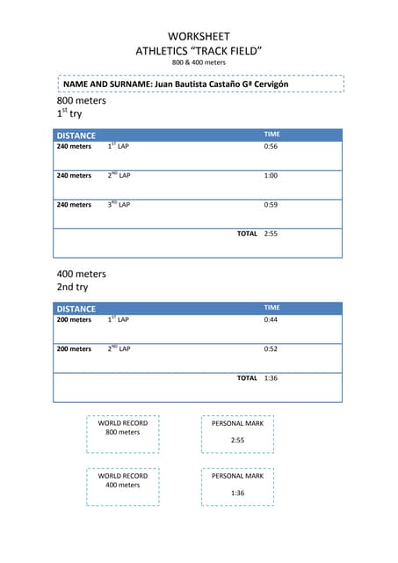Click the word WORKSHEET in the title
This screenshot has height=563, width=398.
pos(199,36)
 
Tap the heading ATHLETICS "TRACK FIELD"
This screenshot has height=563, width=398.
pos(199,51)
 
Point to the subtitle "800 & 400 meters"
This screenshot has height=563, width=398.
pos(199,63)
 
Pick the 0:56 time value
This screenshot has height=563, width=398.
pos(271,147)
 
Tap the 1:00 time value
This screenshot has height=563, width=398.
pos(271,176)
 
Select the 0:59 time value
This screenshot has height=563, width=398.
pos(271,205)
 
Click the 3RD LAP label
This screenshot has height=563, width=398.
pos(119,205)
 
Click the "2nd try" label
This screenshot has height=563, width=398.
pos(72,288)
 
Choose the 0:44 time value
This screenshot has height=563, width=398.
pos(271,320)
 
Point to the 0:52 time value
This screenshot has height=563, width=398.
pos(271,349)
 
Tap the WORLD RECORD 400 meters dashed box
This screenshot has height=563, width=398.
pos(123,486)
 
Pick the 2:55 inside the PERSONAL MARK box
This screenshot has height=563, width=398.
pos(237,440)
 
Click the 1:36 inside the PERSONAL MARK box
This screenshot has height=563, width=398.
pos(237,493)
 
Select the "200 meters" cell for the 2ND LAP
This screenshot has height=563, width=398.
pos(74,349)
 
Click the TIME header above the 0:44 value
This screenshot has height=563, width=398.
pos(272,308)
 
